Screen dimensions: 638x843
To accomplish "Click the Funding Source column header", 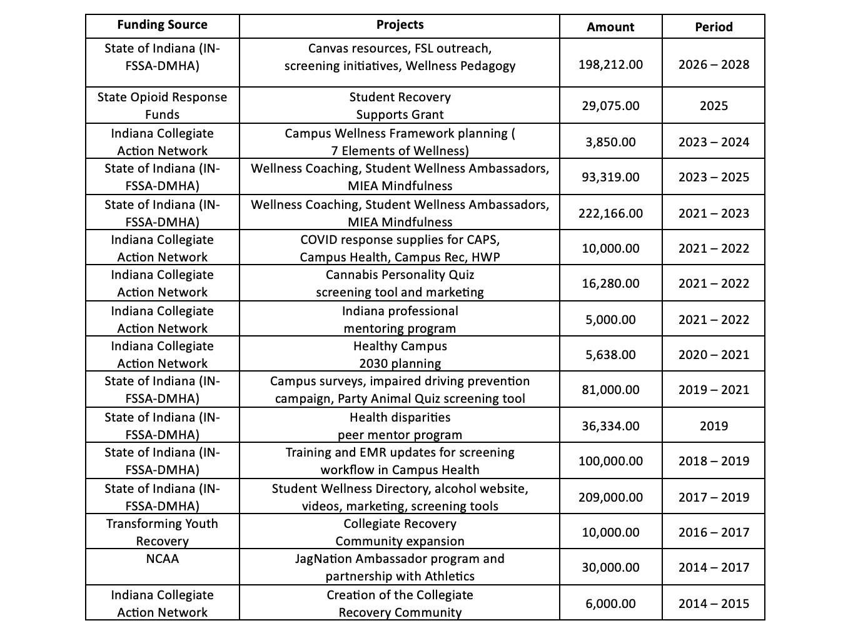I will point(162,25).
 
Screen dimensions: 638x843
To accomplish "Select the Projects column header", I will point(400,25).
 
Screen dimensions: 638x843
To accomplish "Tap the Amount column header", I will point(610,27).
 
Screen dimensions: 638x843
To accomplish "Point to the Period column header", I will point(714,27).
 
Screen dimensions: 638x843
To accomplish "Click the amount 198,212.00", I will point(610,64).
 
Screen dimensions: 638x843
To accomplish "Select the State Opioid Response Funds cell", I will point(162,106).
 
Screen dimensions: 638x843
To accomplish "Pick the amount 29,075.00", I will point(610,106).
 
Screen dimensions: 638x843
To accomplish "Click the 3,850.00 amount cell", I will point(610,142).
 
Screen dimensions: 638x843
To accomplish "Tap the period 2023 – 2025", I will point(714,177).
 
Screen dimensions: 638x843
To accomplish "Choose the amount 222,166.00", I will point(610,213).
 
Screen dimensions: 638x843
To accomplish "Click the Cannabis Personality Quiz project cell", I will point(400,283).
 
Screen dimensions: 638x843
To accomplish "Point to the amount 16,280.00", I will point(610,283).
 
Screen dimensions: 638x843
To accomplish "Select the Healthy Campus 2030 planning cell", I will point(400,355).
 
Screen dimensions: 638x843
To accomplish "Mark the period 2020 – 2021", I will point(714,355).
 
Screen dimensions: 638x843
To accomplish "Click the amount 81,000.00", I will point(610,390).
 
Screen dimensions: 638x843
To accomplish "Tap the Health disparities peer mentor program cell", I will point(400,426).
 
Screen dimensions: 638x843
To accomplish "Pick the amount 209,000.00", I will point(610,497).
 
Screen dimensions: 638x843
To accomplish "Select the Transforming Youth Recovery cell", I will point(162,532).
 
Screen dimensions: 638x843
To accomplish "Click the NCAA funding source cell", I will point(162,559).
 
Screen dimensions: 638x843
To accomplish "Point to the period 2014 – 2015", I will point(714,604).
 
